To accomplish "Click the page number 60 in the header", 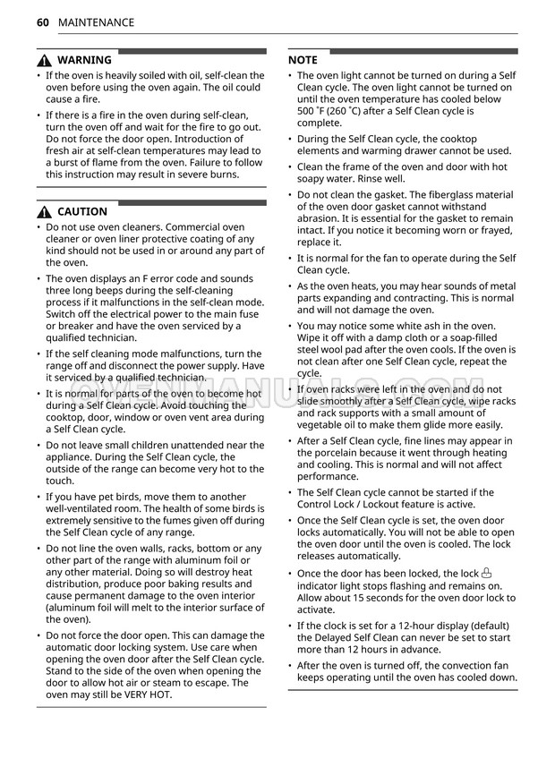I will (x=43, y=22).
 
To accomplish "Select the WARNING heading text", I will (x=84, y=61).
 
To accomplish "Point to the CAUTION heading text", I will (x=82, y=212).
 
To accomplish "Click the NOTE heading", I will (x=303, y=60).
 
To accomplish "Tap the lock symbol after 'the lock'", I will (x=487, y=574).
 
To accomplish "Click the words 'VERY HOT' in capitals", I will (x=145, y=695).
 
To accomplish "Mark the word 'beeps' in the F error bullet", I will (x=112, y=291).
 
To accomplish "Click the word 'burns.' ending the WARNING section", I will (x=223, y=175).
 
